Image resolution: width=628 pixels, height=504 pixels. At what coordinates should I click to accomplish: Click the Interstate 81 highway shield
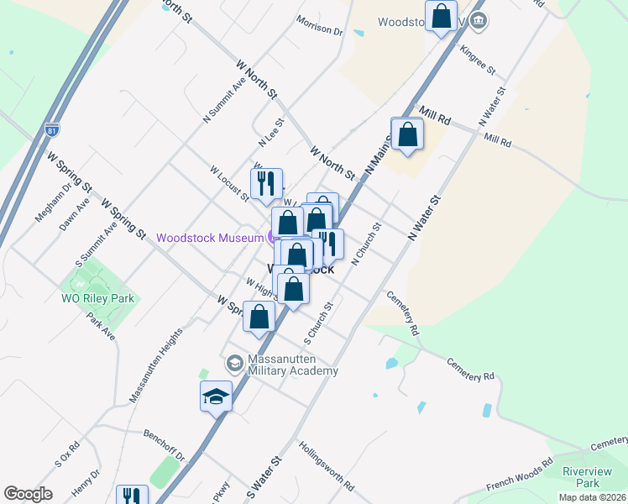52,131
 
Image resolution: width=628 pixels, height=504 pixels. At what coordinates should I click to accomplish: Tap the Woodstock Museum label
210,238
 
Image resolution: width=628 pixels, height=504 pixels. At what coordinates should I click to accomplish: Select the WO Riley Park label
97,298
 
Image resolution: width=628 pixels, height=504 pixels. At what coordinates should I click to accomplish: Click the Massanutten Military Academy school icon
235,362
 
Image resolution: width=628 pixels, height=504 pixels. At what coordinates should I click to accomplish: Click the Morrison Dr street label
320,27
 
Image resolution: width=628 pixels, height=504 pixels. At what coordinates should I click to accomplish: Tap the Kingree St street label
479,58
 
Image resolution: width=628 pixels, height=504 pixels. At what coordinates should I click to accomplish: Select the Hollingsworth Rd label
326,466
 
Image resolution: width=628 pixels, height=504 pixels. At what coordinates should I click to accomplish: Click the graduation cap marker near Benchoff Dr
216,396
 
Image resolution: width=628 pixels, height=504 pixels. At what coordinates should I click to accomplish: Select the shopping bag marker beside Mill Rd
408,134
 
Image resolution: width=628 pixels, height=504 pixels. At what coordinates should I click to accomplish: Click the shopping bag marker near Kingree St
441,16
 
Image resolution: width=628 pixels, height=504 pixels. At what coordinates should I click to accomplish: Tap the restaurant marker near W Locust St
266,183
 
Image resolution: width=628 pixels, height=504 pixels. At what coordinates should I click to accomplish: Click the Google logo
28,494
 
